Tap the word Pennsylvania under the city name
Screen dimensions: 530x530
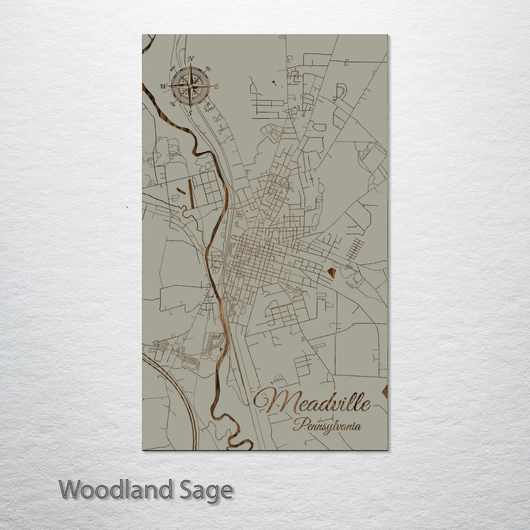pyautogui.click(x=327, y=425)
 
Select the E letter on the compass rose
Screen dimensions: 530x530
pyautogui.click(x=216, y=86)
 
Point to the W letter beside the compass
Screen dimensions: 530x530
pyautogui.click(x=163, y=86)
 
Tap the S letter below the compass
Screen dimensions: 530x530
pyautogui.click(x=190, y=112)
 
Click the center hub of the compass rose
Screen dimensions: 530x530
pyautogui.click(x=190, y=86)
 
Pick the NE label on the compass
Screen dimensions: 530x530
pyautogui.click(x=208, y=69)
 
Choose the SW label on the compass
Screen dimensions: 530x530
pyautogui.click(x=172, y=104)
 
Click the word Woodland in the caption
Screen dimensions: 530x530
pyautogui.click(x=116, y=490)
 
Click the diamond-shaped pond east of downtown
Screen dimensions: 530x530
pyautogui.click(x=332, y=272)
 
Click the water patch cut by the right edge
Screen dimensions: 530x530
pyautogui.click(x=385, y=391)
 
